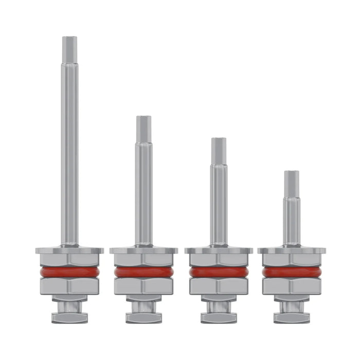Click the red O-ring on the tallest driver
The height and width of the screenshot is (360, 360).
coord(69,272)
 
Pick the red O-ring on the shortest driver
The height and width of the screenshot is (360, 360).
coord(292,272)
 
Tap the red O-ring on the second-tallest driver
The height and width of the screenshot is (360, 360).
coord(143,272)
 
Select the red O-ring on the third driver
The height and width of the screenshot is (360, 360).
coord(219,272)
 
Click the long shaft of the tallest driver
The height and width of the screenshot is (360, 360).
coord(69,154)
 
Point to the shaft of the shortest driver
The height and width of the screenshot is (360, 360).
coord(292,221)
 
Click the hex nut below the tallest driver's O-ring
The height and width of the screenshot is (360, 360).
coord(69,286)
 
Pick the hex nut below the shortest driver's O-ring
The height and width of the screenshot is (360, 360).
coord(292,286)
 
